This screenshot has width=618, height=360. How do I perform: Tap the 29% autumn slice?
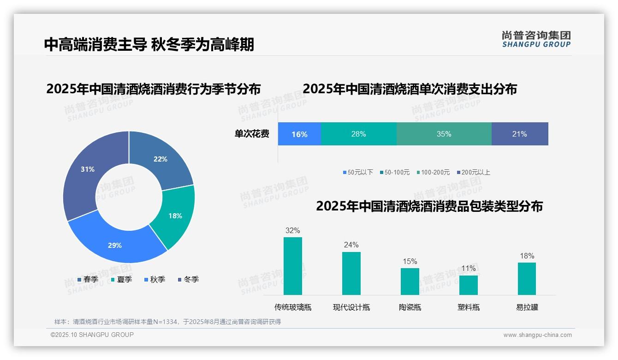pyautogui.click(x=115, y=245)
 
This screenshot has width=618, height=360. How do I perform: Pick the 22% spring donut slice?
pyautogui.click(x=161, y=159)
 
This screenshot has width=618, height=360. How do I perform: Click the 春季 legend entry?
pyautogui.click(x=88, y=279)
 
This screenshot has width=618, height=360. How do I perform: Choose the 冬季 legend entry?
pyautogui.click(x=188, y=279)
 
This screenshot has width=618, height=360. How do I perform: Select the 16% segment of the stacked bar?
pyautogui.click(x=299, y=134)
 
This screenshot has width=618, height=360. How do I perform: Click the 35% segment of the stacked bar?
pyautogui.click(x=444, y=134)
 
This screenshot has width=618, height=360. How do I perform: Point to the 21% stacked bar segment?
pyautogui.click(x=520, y=134)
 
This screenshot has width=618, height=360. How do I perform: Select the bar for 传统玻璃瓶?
pyautogui.click(x=293, y=266)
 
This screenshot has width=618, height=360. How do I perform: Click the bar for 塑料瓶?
pyautogui.click(x=469, y=285)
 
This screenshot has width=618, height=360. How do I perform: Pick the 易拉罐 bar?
pyautogui.click(x=527, y=278)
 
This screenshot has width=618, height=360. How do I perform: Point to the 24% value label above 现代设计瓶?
pyautogui.click(x=351, y=245)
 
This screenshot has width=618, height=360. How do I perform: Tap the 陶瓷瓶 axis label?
pyautogui.click(x=410, y=307)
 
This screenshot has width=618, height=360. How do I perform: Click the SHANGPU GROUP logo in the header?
pyautogui.click(x=536, y=39)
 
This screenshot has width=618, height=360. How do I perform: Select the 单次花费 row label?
pyautogui.click(x=252, y=134)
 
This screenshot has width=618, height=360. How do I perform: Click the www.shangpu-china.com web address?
pyautogui.click(x=537, y=335)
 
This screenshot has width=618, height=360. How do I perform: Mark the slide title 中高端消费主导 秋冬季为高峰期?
pyautogui.click(x=149, y=44)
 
